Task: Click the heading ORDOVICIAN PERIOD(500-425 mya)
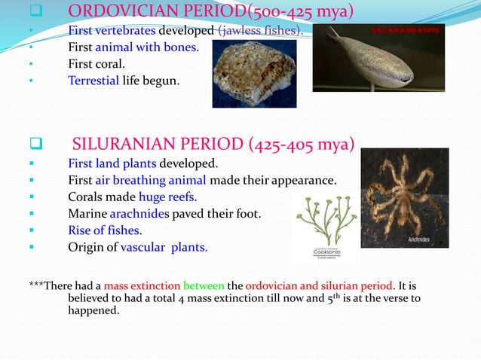(210, 11)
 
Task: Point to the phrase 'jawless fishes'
(259, 31)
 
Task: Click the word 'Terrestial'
(93, 81)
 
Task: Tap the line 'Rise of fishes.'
(105, 230)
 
